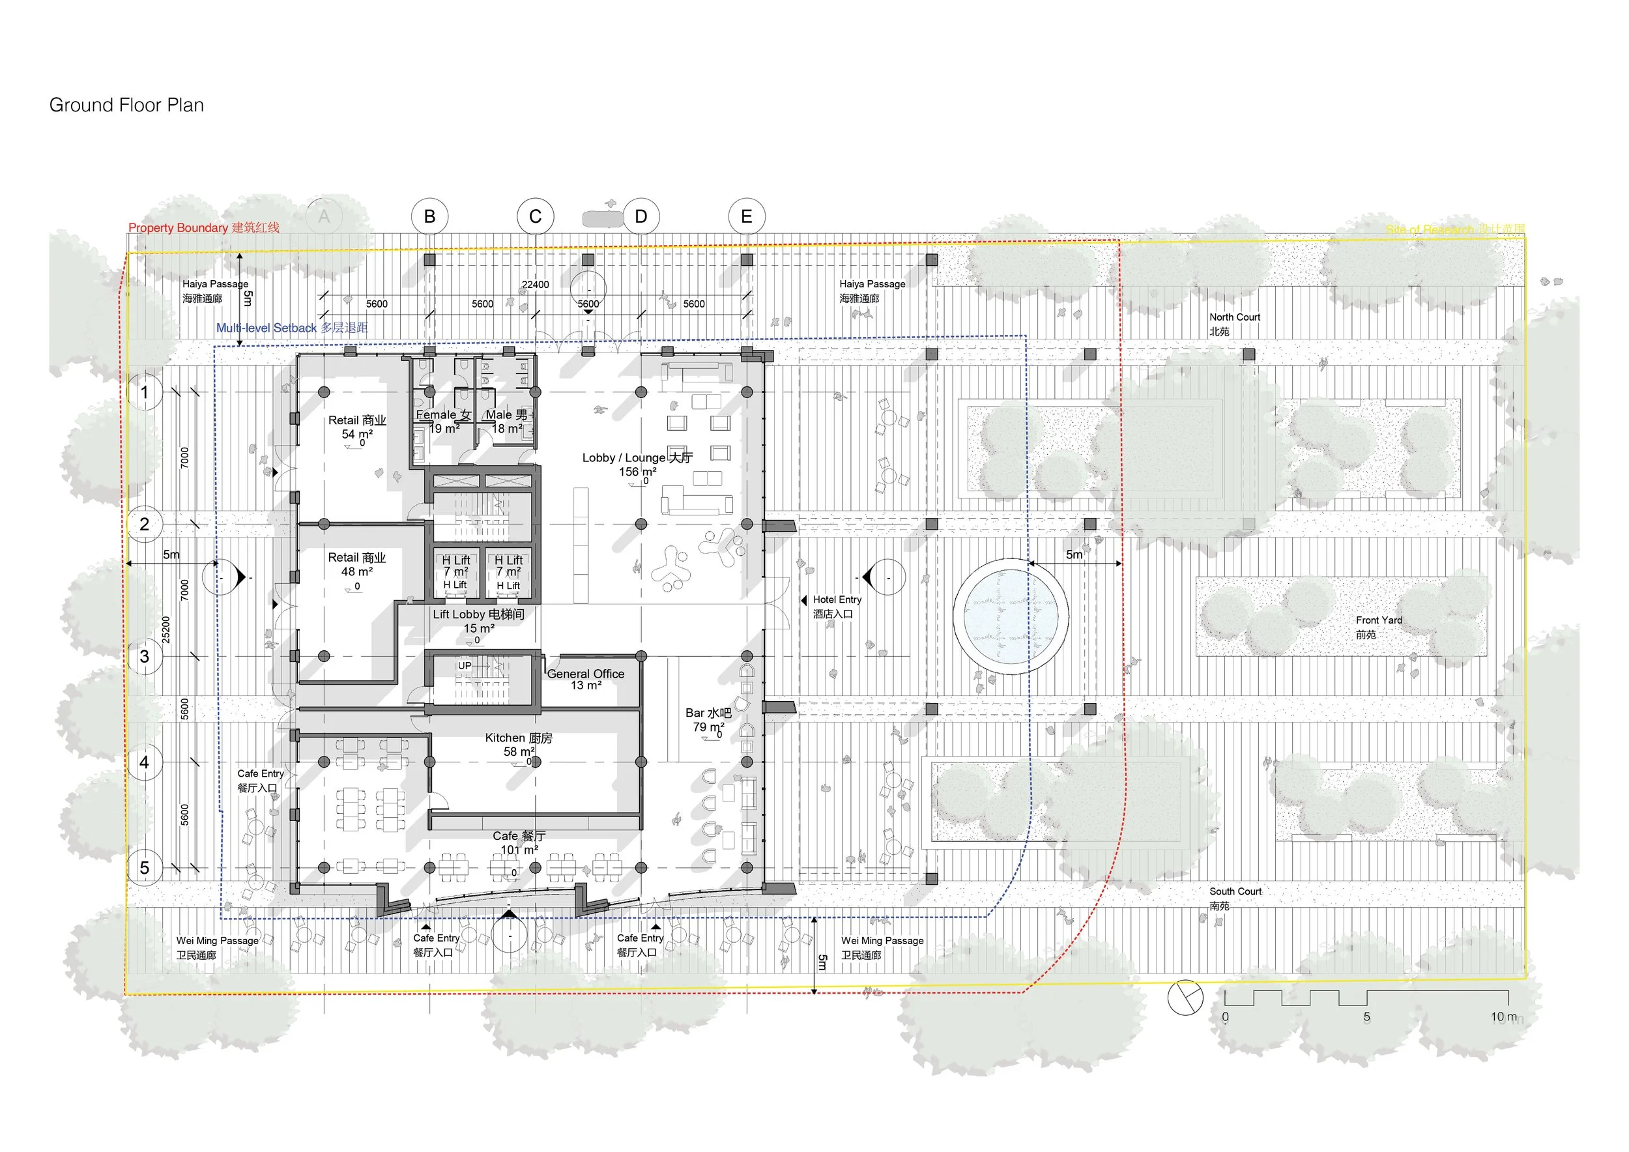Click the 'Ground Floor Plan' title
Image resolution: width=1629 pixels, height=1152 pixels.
(126, 105)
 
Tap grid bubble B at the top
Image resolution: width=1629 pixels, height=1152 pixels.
(429, 216)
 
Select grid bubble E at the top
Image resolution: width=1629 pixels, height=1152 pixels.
(746, 216)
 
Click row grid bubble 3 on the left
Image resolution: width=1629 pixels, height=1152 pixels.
(145, 656)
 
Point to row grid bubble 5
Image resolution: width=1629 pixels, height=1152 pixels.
(145, 867)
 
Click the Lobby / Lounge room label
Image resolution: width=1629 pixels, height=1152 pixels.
(637, 464)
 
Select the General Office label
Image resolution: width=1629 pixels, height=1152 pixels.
(585, 679)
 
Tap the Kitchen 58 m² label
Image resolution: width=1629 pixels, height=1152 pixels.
(519, 744)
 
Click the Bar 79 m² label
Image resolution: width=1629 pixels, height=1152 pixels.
(708, 719)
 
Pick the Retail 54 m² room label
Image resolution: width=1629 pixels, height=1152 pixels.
(357, 426)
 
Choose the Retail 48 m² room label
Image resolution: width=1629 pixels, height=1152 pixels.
(357, 564)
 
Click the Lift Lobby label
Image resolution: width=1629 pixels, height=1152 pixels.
(479, 621)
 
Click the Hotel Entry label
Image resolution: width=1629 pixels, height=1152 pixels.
(837, 607)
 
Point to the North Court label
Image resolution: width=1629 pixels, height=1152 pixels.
(1235, 323)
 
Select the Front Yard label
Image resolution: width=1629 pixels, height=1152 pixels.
(1379, 627)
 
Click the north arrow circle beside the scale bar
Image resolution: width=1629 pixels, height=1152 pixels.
(1185, 997)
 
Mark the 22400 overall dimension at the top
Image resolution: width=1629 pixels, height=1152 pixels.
(535, 285)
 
